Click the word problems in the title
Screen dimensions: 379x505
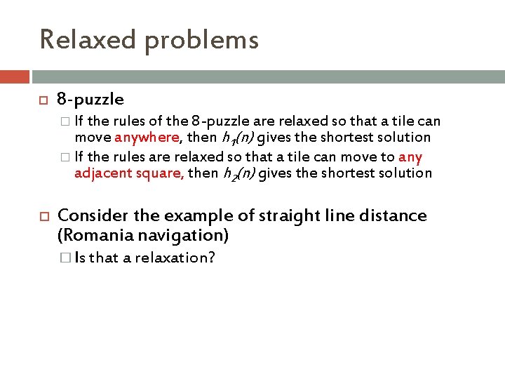pyautogui.click(x=201, y=41)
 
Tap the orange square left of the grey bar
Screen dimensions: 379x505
pyautogui.click(x=15, y=77)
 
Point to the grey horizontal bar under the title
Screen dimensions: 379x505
pyautogui.click(x=267, y=77)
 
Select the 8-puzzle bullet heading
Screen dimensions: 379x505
pyautogui.click(x=90, y=100)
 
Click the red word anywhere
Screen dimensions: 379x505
pyautogui.click(x=147, y=138)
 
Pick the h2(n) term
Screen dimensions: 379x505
pyautogui.click(x=239, y=173)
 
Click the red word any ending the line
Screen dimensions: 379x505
pyautogui.click(x=410, y=157)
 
